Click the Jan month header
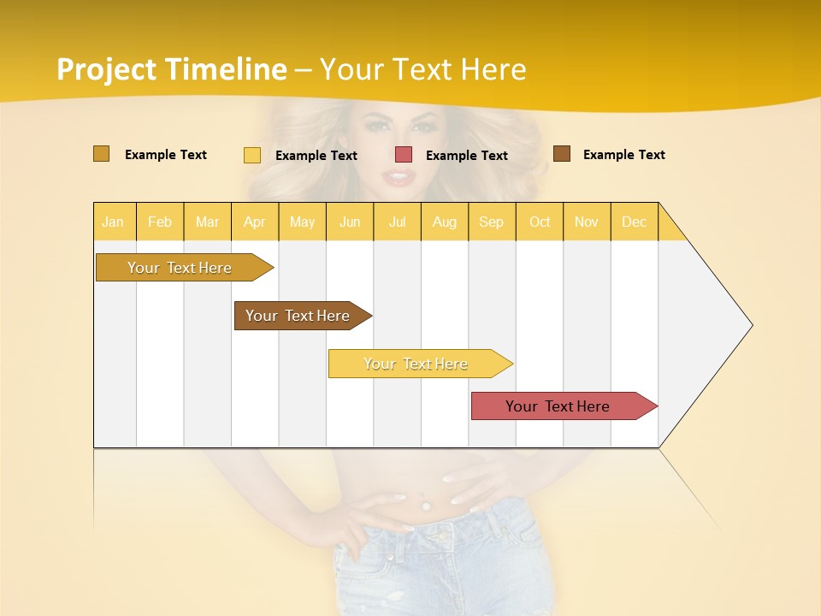point(114,222)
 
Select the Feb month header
point(160,222)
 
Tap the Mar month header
point(207,222)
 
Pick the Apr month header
point(255,222)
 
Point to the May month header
point(302,222)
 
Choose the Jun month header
point(350,222)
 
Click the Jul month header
point(397,222)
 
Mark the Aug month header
point(445,222)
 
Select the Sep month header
point(492,222)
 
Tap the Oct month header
point(540,222)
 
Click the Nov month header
point(587,222)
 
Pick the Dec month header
point(635,222)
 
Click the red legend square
point(404,155)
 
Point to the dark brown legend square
point(562,154)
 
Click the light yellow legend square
point(252,155)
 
